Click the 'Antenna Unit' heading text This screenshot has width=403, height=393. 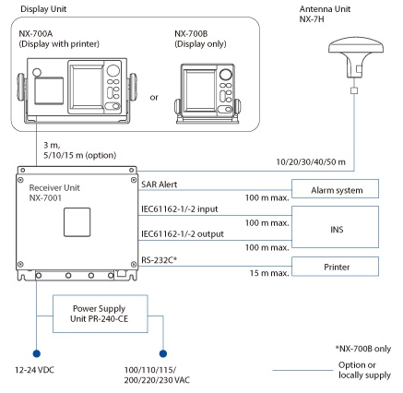[344, 7]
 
